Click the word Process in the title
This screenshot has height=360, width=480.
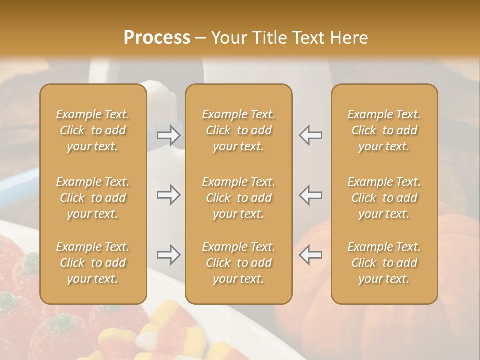157,38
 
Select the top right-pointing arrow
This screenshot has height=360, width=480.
169,135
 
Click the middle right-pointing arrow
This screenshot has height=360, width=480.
169,195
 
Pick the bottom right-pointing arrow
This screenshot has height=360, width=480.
169,255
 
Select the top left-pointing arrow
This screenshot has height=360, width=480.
311,135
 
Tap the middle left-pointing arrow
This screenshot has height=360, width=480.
311,195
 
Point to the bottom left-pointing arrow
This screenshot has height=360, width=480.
311,255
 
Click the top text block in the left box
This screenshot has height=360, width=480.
93,130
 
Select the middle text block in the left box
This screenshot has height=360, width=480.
93,198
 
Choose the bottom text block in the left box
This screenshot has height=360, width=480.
93,263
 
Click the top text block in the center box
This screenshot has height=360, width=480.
239,130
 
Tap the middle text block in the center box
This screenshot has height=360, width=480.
239,198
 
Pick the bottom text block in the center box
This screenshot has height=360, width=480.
239,263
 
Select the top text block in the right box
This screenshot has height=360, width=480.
384,130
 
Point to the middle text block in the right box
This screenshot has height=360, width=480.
384,198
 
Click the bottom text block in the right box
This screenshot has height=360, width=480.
384,263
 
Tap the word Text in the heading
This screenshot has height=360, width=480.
308,38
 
